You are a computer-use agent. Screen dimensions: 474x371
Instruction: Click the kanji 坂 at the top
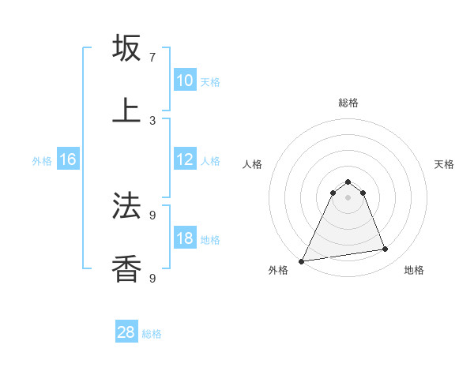126,48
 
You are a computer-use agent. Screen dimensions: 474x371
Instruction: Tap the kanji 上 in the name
126,111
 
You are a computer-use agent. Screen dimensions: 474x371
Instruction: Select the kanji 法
126,207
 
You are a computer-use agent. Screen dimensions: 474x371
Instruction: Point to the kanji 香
126,268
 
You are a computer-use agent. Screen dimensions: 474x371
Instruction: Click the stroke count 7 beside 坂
152,58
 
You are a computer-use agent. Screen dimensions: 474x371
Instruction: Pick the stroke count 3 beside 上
152,120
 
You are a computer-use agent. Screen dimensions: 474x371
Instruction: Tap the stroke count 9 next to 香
152,278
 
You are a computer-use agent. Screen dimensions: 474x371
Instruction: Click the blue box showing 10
184,81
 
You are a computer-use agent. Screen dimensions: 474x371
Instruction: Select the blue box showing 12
184,159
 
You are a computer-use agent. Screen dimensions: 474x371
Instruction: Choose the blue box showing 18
184,238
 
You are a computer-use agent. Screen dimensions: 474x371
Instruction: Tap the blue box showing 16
67,159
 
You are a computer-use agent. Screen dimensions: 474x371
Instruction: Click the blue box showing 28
126,332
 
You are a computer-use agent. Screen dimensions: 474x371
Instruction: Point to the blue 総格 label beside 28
152,334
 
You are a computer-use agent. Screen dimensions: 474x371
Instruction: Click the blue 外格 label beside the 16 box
42,161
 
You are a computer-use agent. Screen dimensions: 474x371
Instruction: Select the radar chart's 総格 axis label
348,103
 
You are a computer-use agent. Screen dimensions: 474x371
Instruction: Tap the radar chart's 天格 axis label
444,164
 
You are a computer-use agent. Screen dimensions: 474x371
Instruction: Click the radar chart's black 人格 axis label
252,164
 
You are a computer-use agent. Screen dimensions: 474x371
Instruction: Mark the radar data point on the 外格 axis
302,261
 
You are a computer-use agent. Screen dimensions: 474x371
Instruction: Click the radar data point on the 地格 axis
386,249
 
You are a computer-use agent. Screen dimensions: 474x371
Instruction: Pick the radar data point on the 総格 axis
348,182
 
